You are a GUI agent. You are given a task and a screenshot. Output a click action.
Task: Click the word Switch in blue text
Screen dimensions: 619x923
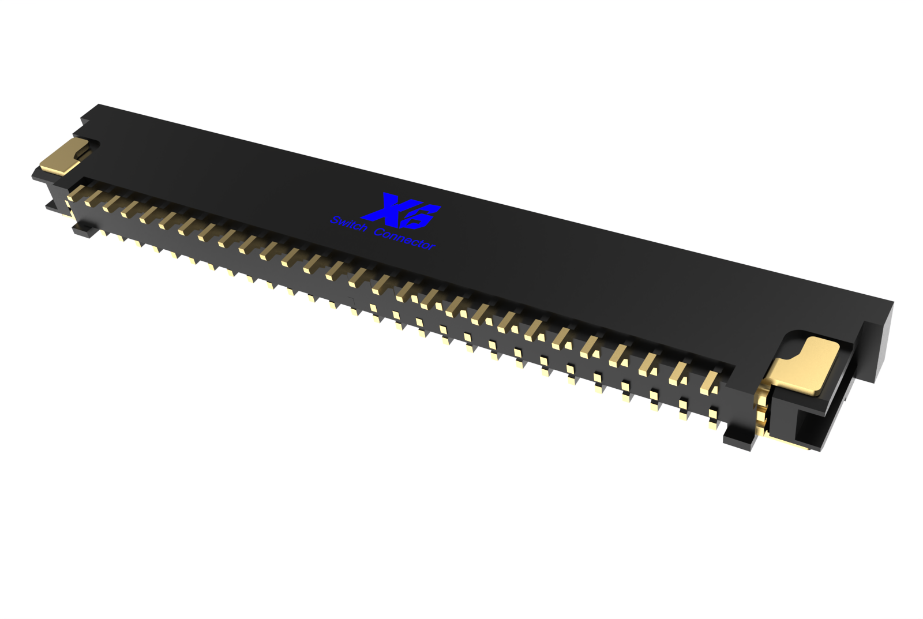(x=348, y=224)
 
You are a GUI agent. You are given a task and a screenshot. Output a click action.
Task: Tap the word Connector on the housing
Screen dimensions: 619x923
(x=404, y=239)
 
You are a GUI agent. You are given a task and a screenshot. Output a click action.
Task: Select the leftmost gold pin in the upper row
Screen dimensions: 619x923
(x=70, y=197)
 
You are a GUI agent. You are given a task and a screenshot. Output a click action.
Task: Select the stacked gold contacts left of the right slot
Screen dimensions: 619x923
(x=760, y=410)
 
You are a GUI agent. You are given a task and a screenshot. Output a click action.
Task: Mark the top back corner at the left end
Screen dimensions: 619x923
(x=99, y=106)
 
